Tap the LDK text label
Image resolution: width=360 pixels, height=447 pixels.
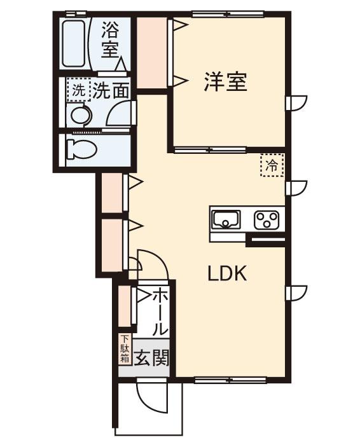click(x=227, y=273)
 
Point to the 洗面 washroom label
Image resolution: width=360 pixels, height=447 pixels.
click(x=111, y=90)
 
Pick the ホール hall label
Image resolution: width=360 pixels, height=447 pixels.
click(x=160, y=312)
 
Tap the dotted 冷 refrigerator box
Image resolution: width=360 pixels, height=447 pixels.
click(x=272, y=166)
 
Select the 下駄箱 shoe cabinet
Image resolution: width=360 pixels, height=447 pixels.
click(x=125, y=349)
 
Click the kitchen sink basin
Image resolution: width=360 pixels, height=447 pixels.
click(x=225, y=221)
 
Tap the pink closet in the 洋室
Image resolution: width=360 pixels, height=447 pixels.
click(x=152, y=53)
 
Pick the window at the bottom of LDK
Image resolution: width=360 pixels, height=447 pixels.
click(x=221, y=380)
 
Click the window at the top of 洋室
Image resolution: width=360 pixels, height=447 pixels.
click(x=228, y=13)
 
